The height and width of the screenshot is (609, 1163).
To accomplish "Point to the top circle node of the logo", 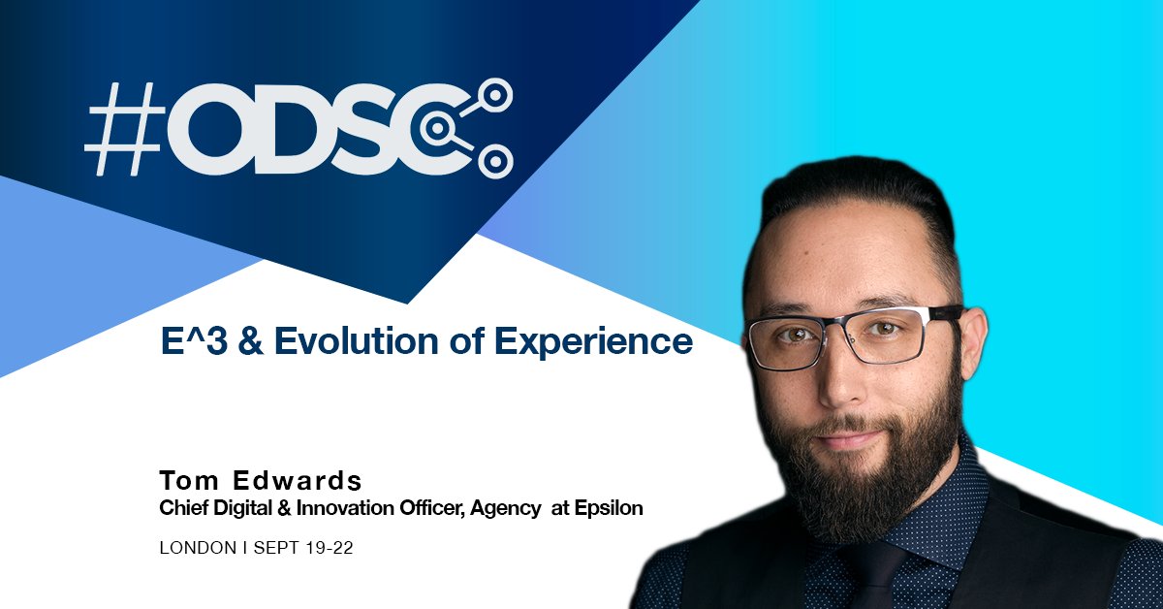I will coord(497,94).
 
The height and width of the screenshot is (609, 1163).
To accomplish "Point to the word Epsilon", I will coord(609,507).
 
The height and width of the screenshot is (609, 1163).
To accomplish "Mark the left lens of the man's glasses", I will coord(786,339).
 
